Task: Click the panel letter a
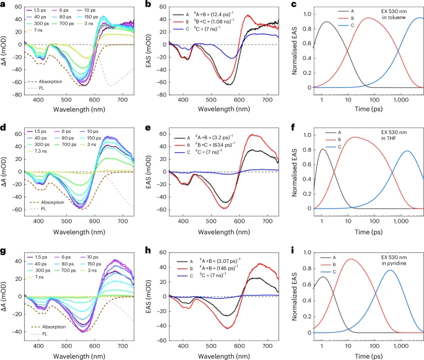(x=3, y=4)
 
